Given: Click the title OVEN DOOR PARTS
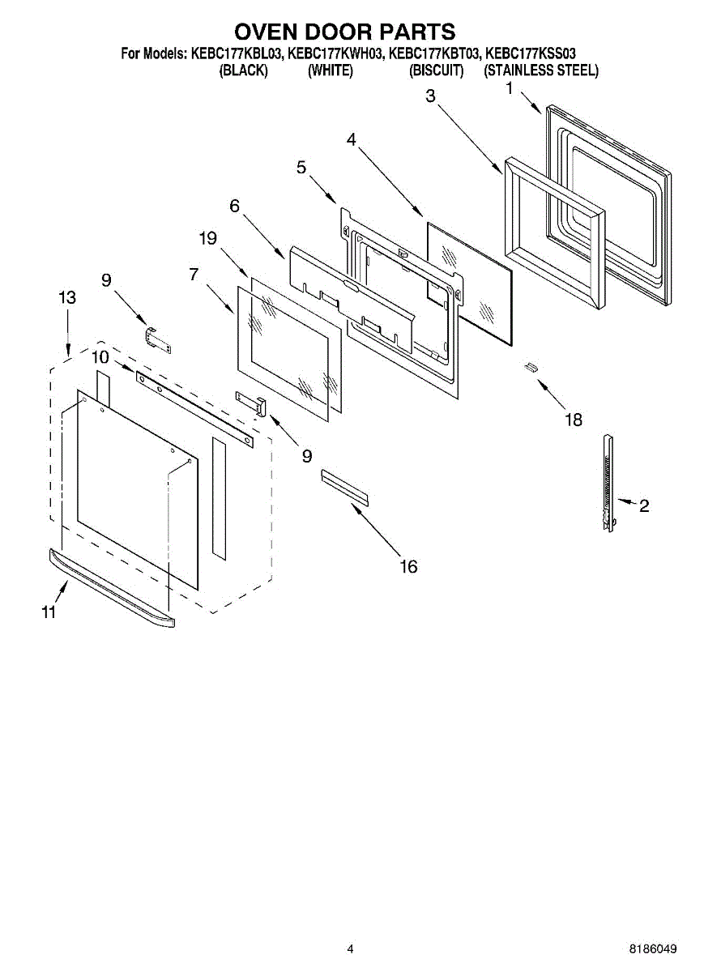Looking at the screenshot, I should [344, 32].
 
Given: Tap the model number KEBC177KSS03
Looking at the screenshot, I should [531, 54].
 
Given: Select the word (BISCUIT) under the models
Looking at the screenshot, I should [436, 70].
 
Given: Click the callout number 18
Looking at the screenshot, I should [573, 420].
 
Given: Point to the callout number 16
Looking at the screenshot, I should [408, 566].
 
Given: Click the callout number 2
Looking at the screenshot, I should [643, 506].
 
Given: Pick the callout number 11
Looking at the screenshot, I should [49, 612].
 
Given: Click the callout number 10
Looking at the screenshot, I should [100, 356].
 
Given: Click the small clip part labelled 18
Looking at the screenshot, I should [531, 368].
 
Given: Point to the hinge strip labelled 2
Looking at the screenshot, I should [608, 482].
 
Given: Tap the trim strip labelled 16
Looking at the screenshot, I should [344, 486].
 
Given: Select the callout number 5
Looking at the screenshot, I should [301, 168].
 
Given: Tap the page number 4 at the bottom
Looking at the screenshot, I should [350, 949].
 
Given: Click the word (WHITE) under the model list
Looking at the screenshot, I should [330, 70].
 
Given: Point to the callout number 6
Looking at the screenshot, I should [234, 206].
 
